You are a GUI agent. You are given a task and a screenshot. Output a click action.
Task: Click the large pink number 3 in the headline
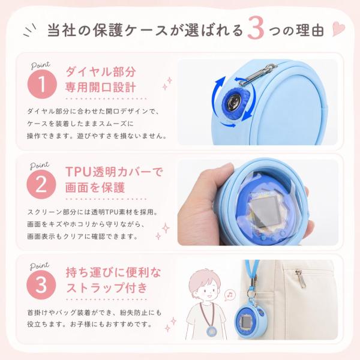tap(256, 28)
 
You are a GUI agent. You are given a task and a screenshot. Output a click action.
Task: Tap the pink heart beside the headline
tap(338, 29)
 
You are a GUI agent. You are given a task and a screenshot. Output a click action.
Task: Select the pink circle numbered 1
tap(42, 84)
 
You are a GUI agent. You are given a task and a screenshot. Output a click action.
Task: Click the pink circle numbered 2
tap(41, 185)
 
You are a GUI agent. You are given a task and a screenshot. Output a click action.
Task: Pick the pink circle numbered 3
tap(41, 285)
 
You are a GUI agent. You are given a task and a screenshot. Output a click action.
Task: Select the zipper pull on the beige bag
tap(301, 278)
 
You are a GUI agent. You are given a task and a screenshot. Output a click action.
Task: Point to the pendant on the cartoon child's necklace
tap(211, 331)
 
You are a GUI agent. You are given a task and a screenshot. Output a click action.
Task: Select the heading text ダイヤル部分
tap(101, 72)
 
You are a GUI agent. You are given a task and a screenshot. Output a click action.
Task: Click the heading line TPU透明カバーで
tap(114, 172)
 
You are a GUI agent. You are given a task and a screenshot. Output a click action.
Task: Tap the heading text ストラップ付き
tap(107, 287)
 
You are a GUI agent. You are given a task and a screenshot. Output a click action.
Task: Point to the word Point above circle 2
tap(40, 166)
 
